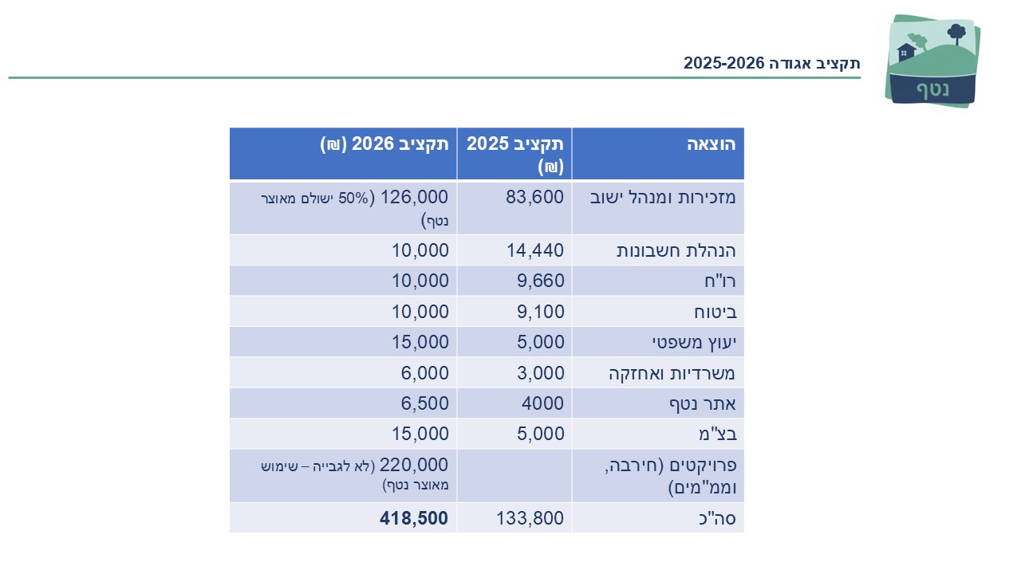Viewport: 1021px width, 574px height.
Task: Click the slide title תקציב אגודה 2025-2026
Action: coord(771,64)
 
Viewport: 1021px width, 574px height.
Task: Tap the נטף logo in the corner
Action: coord(932,61)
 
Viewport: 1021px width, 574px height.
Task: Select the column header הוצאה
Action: coord(711,144)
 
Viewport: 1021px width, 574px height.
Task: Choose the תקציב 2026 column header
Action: coord(384,144)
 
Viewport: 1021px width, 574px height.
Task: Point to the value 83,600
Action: coord(534,197)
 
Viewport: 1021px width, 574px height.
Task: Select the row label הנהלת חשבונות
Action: coord(676,250)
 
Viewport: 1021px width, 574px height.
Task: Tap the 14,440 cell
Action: coord(534,250)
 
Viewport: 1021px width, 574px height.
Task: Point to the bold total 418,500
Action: coord(413,518)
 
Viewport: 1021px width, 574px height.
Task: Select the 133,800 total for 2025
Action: coord(530,518)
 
